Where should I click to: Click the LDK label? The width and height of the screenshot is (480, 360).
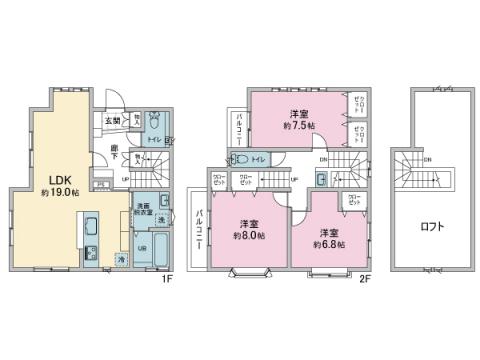(x=50, y=181)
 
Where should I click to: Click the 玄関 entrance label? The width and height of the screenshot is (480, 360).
(x=112, y=121)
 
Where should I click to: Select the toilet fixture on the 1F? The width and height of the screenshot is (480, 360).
(x=155, y=122)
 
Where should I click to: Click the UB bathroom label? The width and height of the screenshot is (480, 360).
(x=142, y=247)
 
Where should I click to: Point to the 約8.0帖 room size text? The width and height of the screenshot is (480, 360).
(x=248, y=236)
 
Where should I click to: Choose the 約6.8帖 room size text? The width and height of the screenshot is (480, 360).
(x=329, y=242)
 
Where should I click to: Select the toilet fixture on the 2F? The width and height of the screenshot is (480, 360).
(x=240, y=159)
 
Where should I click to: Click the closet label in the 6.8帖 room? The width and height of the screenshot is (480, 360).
(x=355, y=200)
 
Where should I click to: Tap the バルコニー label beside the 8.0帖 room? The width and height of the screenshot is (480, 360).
(x=201, y=231)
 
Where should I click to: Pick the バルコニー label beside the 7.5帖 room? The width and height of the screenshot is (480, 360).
(x=240, y=128)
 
